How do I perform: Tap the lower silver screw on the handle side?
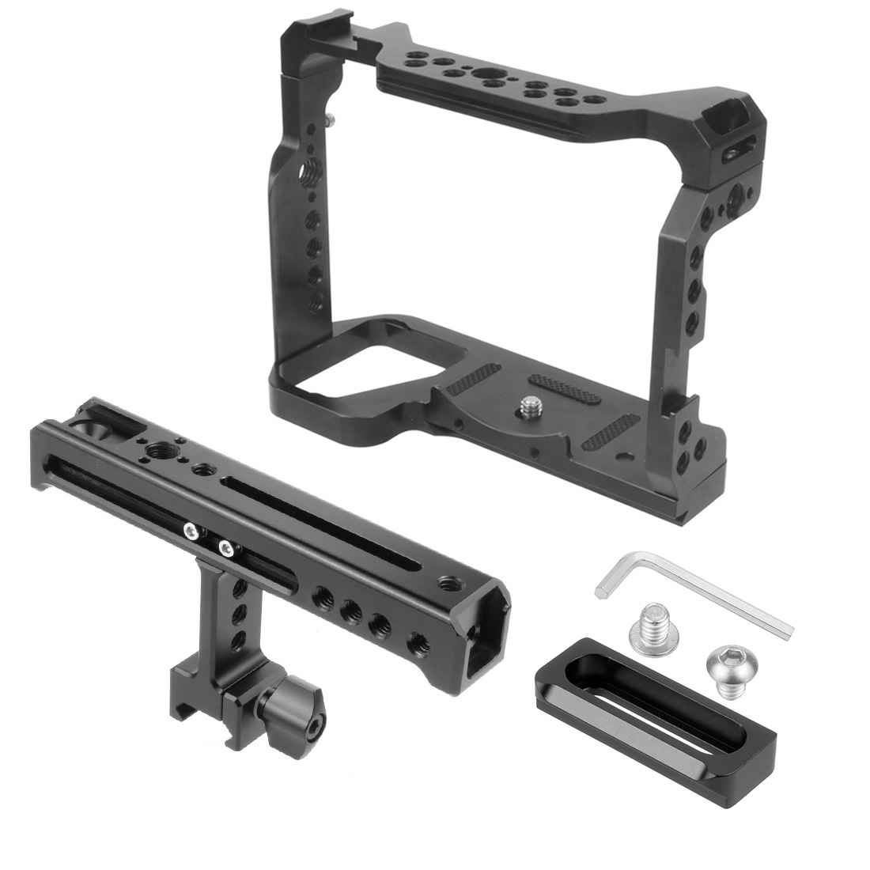[227, 546]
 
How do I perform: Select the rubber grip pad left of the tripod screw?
[473, 380]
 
